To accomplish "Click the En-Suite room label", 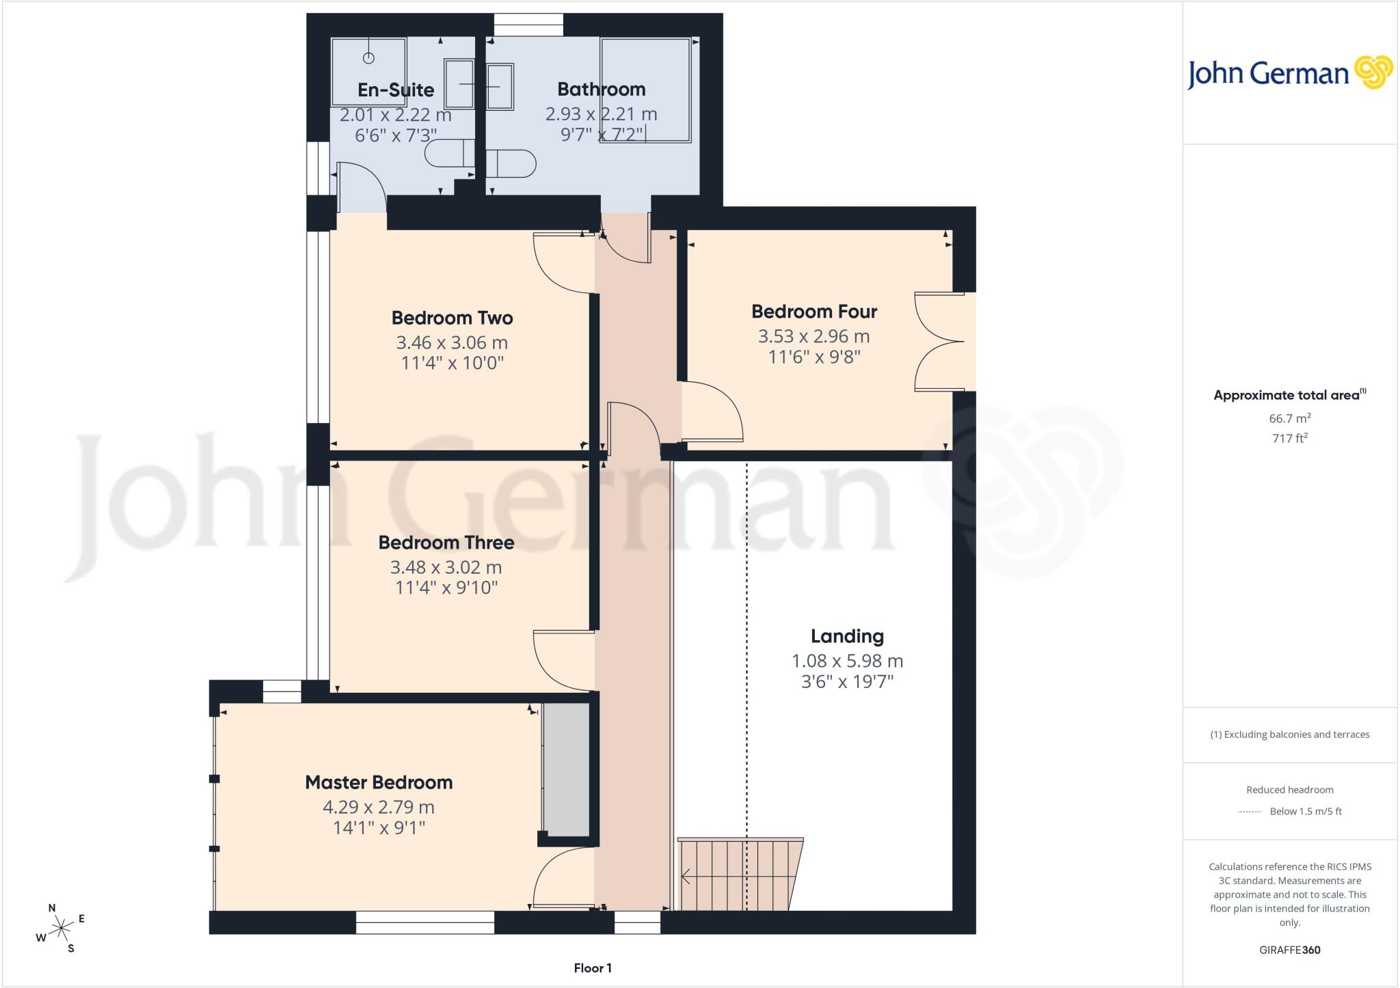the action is click(x=396, y=90).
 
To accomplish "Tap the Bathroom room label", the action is click(x=601, y=89).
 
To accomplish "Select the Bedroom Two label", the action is click(x=452, y=318).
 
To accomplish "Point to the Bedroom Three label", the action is click(x=446, y=543).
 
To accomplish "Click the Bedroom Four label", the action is click(x=814, y=312).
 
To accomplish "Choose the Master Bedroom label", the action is click(x=379, y=782).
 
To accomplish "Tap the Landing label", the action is click(x=847, y=636).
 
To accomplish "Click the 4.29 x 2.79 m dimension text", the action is click(x=379, y=807).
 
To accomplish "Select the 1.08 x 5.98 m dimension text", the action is click(x=847, y=661).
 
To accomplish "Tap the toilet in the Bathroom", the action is click(x=511, y=164).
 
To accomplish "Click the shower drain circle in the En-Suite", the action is click(x=368, y=58).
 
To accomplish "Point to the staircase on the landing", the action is click(x=740, y=874).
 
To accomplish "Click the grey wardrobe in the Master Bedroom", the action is click(x=566, y=769).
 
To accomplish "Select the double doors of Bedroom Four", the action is click(x=940, y=342).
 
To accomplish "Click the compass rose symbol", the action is click(x=62, y=928).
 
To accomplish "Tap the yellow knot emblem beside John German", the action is click(x=1373, y=72).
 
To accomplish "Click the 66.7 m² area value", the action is click(x=1290, y=418).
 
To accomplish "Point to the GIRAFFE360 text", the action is click(x=1290, y=950).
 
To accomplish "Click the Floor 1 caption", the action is click(x=593, y=968).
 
